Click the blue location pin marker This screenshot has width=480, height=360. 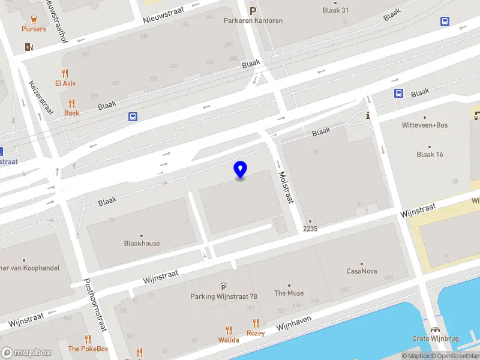point(240,170)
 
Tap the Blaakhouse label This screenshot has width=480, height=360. point(142,244)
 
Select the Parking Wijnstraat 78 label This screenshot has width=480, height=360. point(223,296)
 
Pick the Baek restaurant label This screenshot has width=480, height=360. point(72,113)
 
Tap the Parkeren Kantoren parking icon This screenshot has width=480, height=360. point(253,10)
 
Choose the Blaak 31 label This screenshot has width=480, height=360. point(335,10)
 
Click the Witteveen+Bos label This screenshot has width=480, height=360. point(424,125)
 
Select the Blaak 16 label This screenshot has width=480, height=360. point(430,154)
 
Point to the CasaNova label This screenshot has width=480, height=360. point(362,271)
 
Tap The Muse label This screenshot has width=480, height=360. point(289,293)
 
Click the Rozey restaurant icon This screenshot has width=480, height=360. point(256,323)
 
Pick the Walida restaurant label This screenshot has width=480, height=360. point(228,340)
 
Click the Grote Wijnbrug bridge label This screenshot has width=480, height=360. point(435,338)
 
